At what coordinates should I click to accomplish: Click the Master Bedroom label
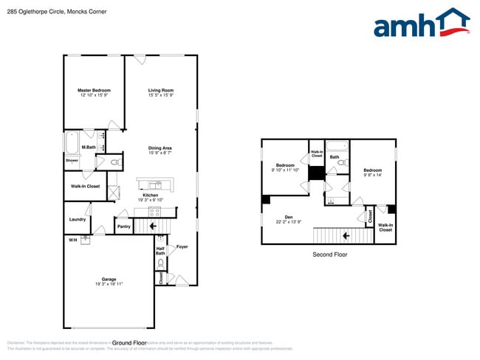[94, 92]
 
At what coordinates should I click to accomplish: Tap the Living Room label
[160, 92]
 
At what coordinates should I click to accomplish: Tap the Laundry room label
[78, 219]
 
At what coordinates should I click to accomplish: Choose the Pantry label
[123, 226]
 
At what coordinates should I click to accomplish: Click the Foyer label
[182, 246]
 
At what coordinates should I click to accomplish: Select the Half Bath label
[160, 252]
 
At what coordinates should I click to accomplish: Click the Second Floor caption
[329, 255]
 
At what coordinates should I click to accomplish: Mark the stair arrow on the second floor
[343, 236]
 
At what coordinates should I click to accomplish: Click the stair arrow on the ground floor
[160, 226]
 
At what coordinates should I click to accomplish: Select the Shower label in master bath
[72, 160]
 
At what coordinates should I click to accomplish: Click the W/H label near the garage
[72, 240]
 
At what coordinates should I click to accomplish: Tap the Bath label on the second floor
[335, 156]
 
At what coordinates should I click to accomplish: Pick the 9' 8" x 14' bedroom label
[372, 173]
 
